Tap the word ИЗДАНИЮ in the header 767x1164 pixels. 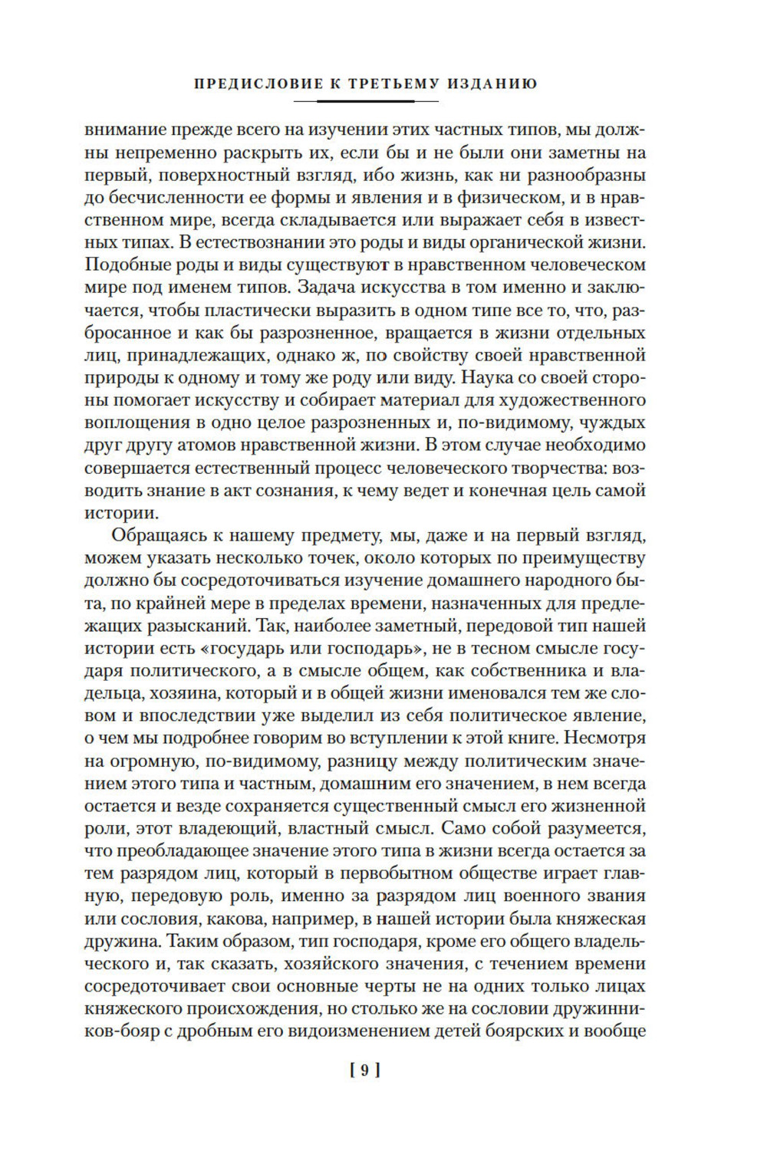click(x=492, y=83)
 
